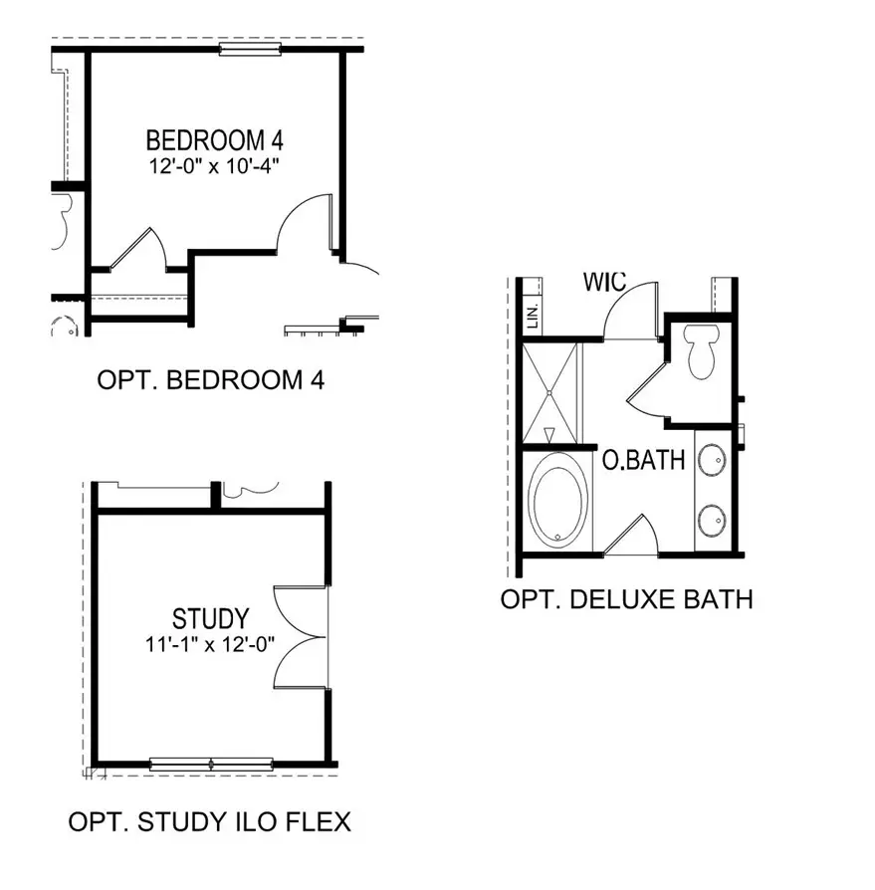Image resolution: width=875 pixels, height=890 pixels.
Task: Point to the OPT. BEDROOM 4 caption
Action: [x=211, y=380]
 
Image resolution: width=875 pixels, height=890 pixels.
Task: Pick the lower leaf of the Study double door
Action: [x=301, y=663]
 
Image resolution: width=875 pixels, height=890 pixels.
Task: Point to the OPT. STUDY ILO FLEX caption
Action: [x=209, y=822]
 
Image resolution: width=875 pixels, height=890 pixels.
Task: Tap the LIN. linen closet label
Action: [x=532, y=318]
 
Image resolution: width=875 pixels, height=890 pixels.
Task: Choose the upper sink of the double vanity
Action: [x=712, y=460]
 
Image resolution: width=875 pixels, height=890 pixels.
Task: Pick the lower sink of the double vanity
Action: [x=712, y=519]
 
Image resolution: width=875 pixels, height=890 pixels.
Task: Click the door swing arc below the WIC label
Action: [x=627, y=309]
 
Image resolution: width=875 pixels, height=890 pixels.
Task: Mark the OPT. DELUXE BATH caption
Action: [x=626, y=599]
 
